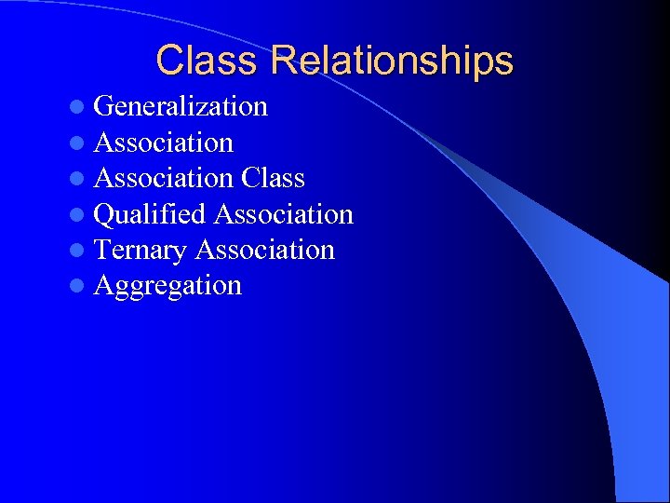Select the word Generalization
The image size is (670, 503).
(x=181, y=107)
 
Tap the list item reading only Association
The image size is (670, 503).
(x=164, y=143)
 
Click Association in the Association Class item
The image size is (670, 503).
(x=164, y=178)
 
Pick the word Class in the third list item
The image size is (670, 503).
(x=273, y=178)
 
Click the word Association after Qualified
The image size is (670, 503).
(x=284, y=214)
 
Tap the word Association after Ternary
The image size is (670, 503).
(x=265, y=250)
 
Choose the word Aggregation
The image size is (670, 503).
(x=167, y=286)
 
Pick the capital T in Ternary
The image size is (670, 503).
(x=102, y=250)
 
